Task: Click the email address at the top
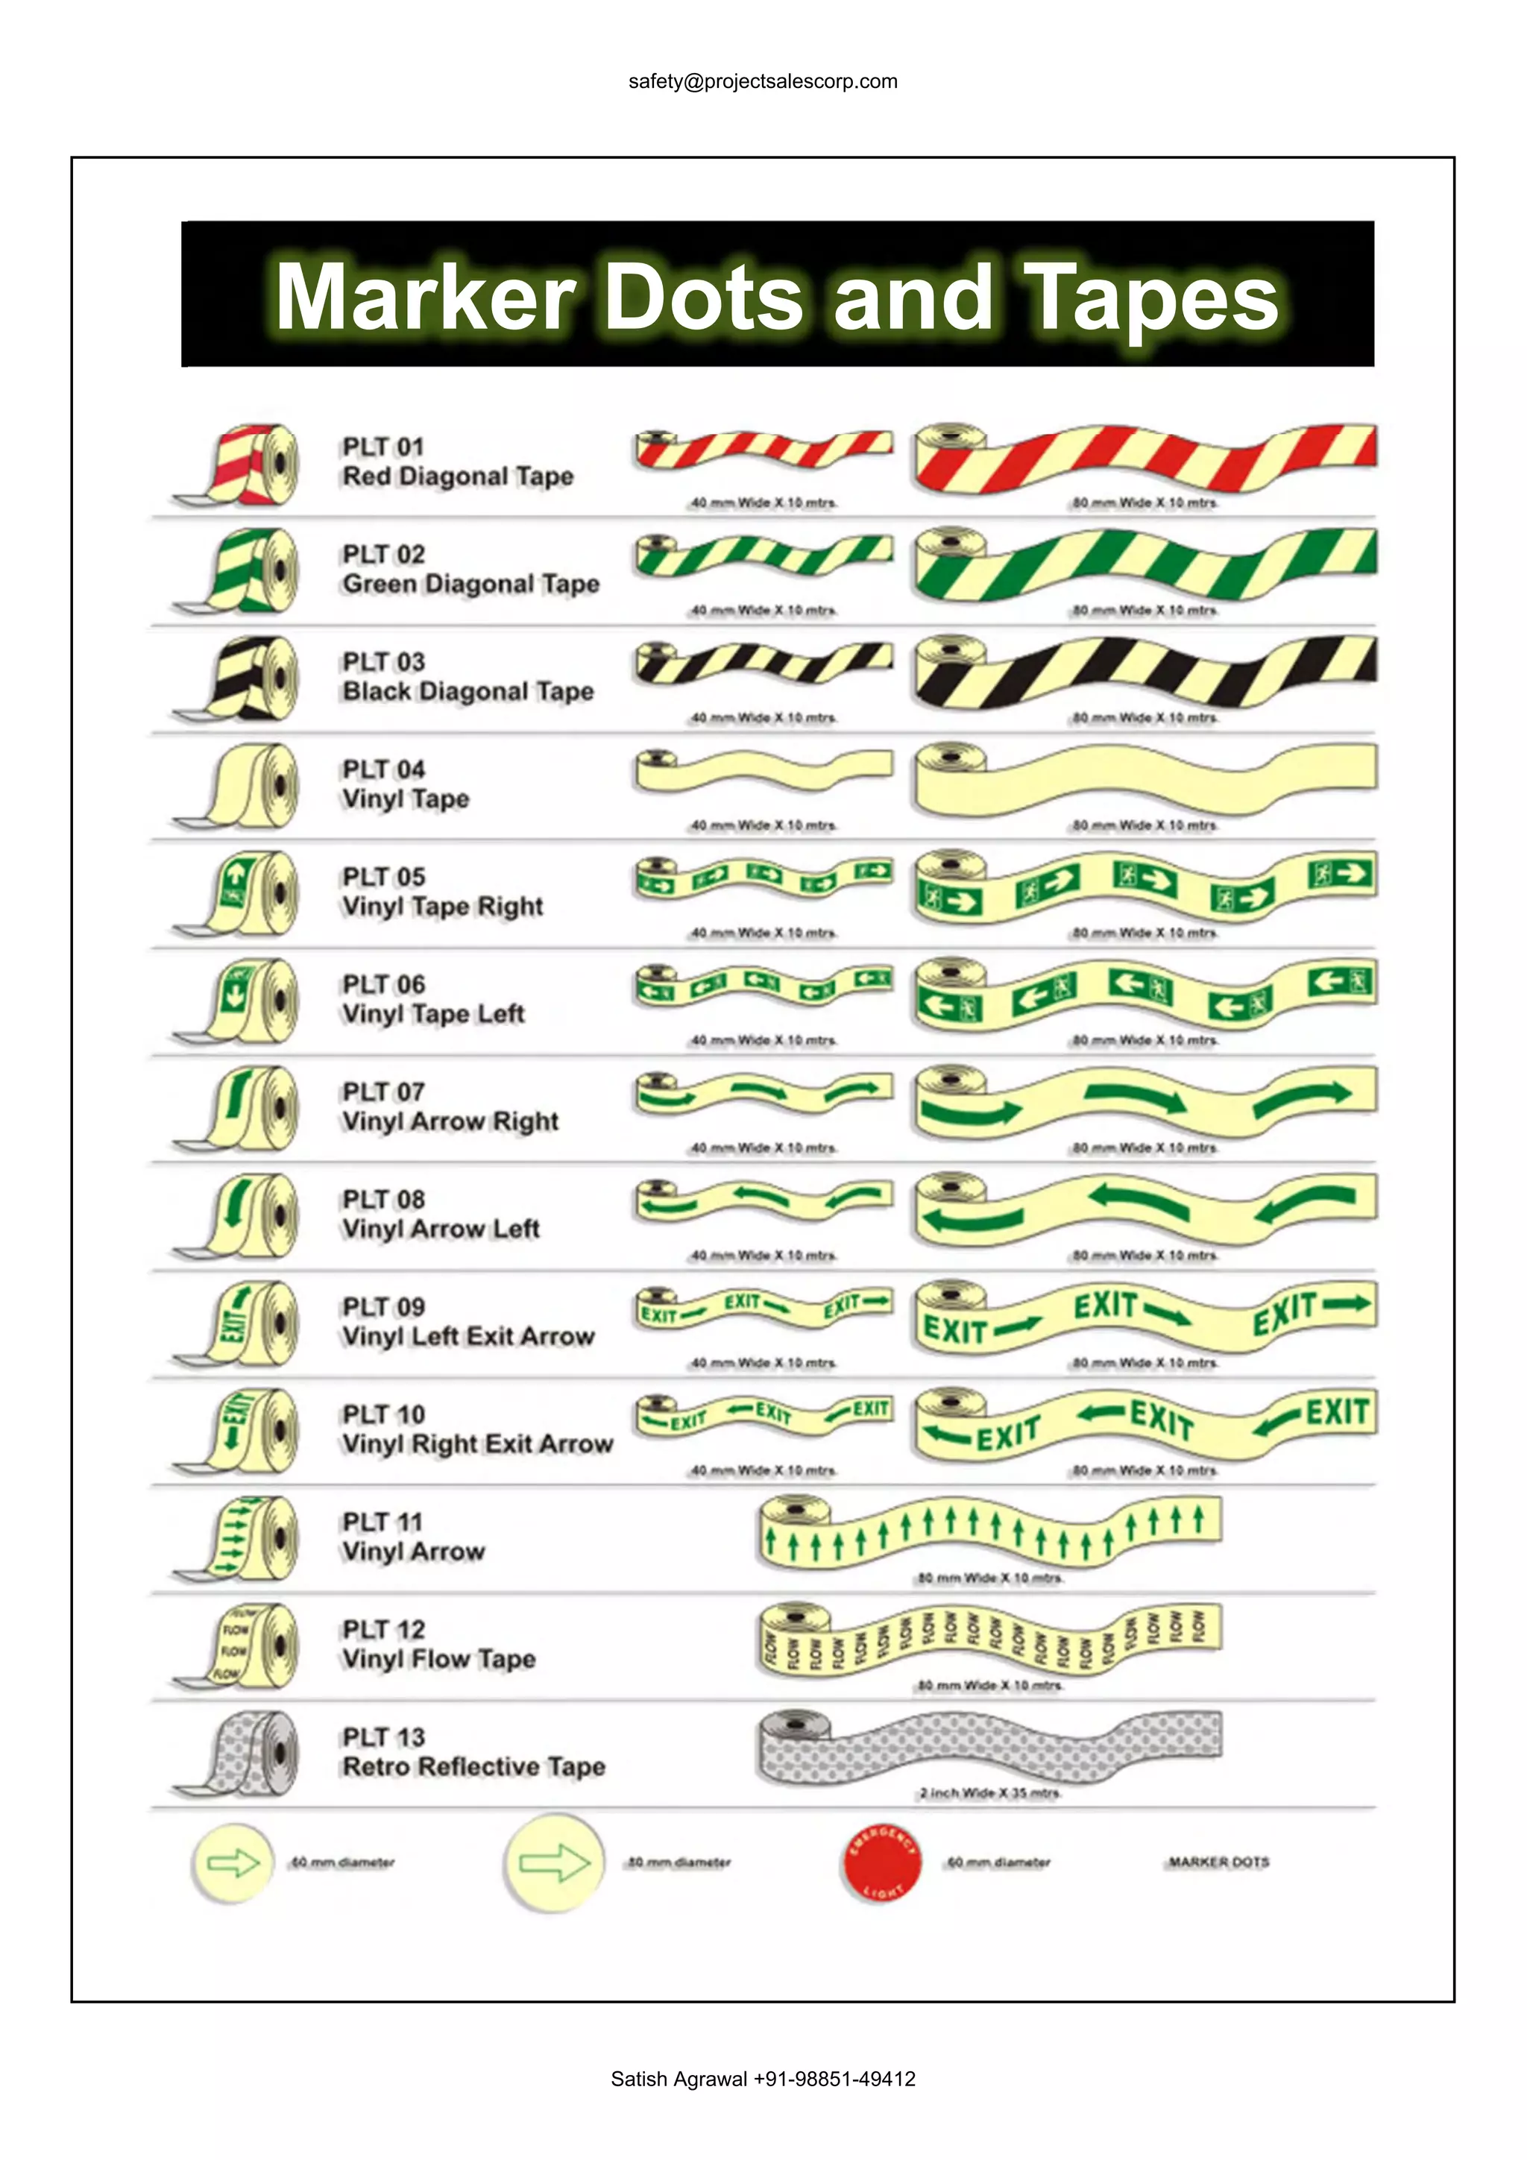click(763, 82)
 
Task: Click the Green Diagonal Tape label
click(470, 585)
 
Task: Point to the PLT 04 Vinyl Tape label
click(406, 784)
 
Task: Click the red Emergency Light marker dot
click(881, 1863)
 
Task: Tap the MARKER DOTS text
click(1218, 1862)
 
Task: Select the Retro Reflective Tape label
click(473, 1767)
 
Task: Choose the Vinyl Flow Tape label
click(438, 1660)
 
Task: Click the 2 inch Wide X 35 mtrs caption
click(989, 1793)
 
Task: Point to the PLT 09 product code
click(383, 1307)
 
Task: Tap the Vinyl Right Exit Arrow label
click(477, 1444)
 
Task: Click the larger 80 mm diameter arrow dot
click(553, 1863)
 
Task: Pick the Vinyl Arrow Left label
click(441, 1229)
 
